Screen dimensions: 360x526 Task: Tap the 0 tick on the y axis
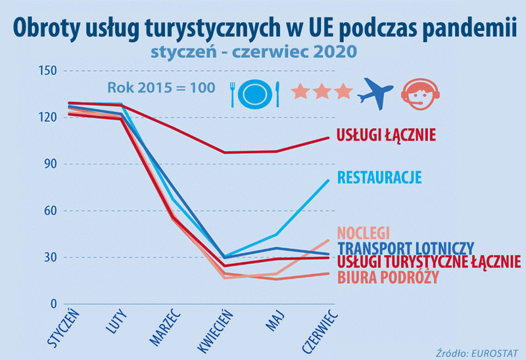(x=51, y=304)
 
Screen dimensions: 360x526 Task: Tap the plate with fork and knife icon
(x=255, y=94)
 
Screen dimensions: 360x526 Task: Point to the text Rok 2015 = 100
(x=161, y=87)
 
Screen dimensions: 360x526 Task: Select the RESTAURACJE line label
(x=379, y=177)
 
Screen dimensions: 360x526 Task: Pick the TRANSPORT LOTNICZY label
(x=405, y=248)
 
